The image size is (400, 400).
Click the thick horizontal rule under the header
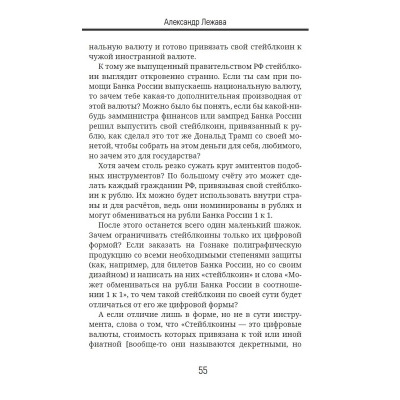coord(200,31)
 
